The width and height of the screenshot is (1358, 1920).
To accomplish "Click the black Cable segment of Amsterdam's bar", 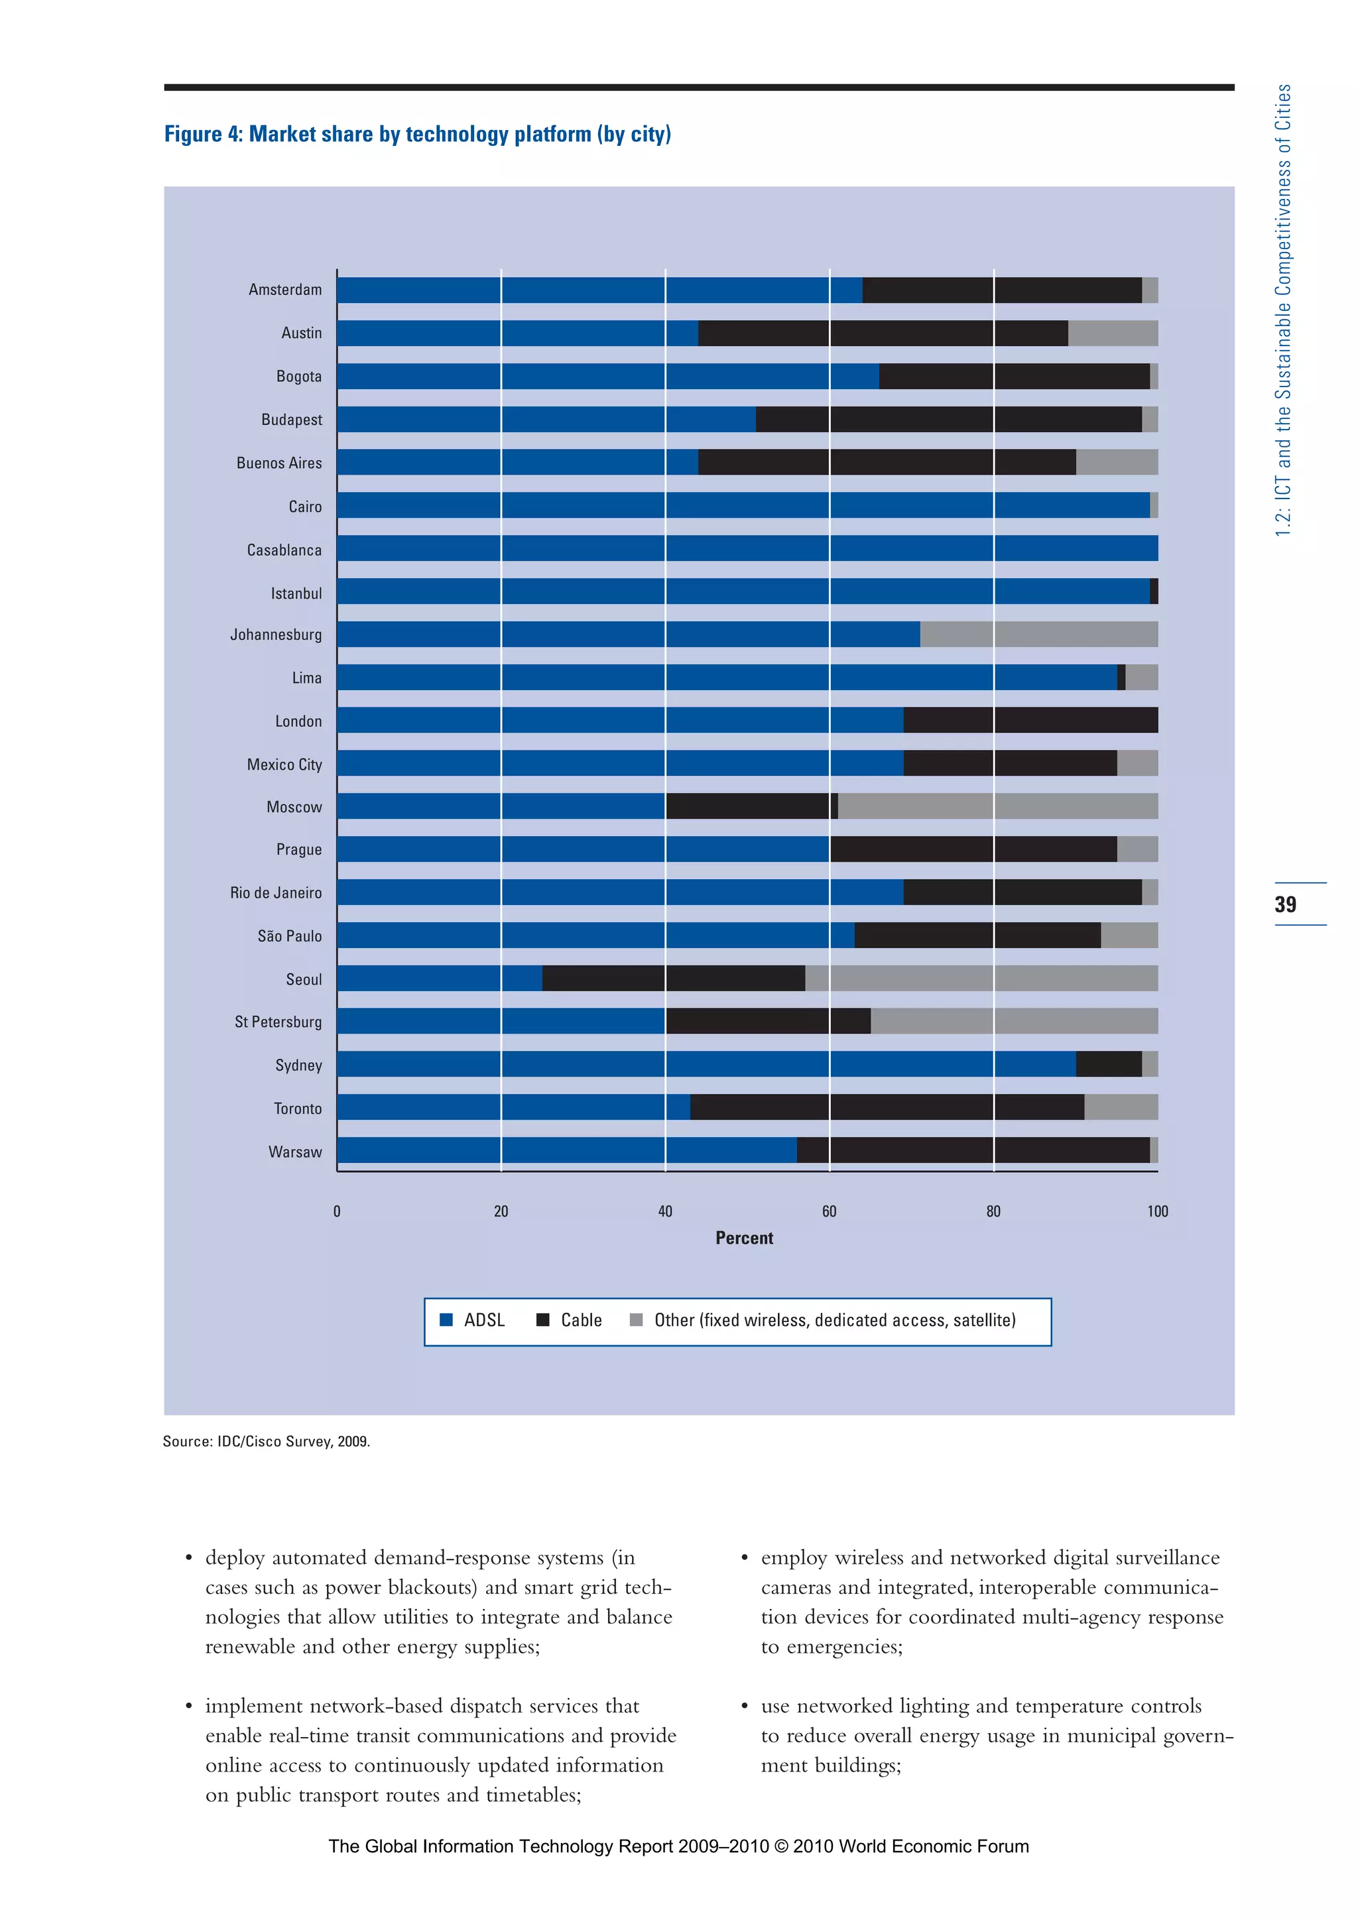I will click(1002, 290).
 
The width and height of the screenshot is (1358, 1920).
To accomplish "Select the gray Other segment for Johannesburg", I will click(1038, 634).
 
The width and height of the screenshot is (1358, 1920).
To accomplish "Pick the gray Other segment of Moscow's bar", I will click(997, 806).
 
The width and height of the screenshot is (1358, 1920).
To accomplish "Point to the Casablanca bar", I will click(747, 548).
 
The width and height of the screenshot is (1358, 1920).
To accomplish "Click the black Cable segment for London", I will click(1030, 720).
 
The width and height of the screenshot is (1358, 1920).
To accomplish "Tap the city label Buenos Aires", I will click(278, 463).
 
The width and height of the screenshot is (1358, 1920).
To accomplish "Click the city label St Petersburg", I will click(278, 1022).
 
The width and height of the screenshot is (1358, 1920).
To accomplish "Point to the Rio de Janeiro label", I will click(275, 893).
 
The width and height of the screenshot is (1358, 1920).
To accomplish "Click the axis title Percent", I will click(744, 1238).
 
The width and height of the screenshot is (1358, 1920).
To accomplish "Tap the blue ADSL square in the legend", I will click(446, 1319).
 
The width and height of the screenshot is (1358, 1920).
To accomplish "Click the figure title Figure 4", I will click(417, 135).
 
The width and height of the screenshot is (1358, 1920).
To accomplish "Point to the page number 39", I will click(1285, 904).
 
